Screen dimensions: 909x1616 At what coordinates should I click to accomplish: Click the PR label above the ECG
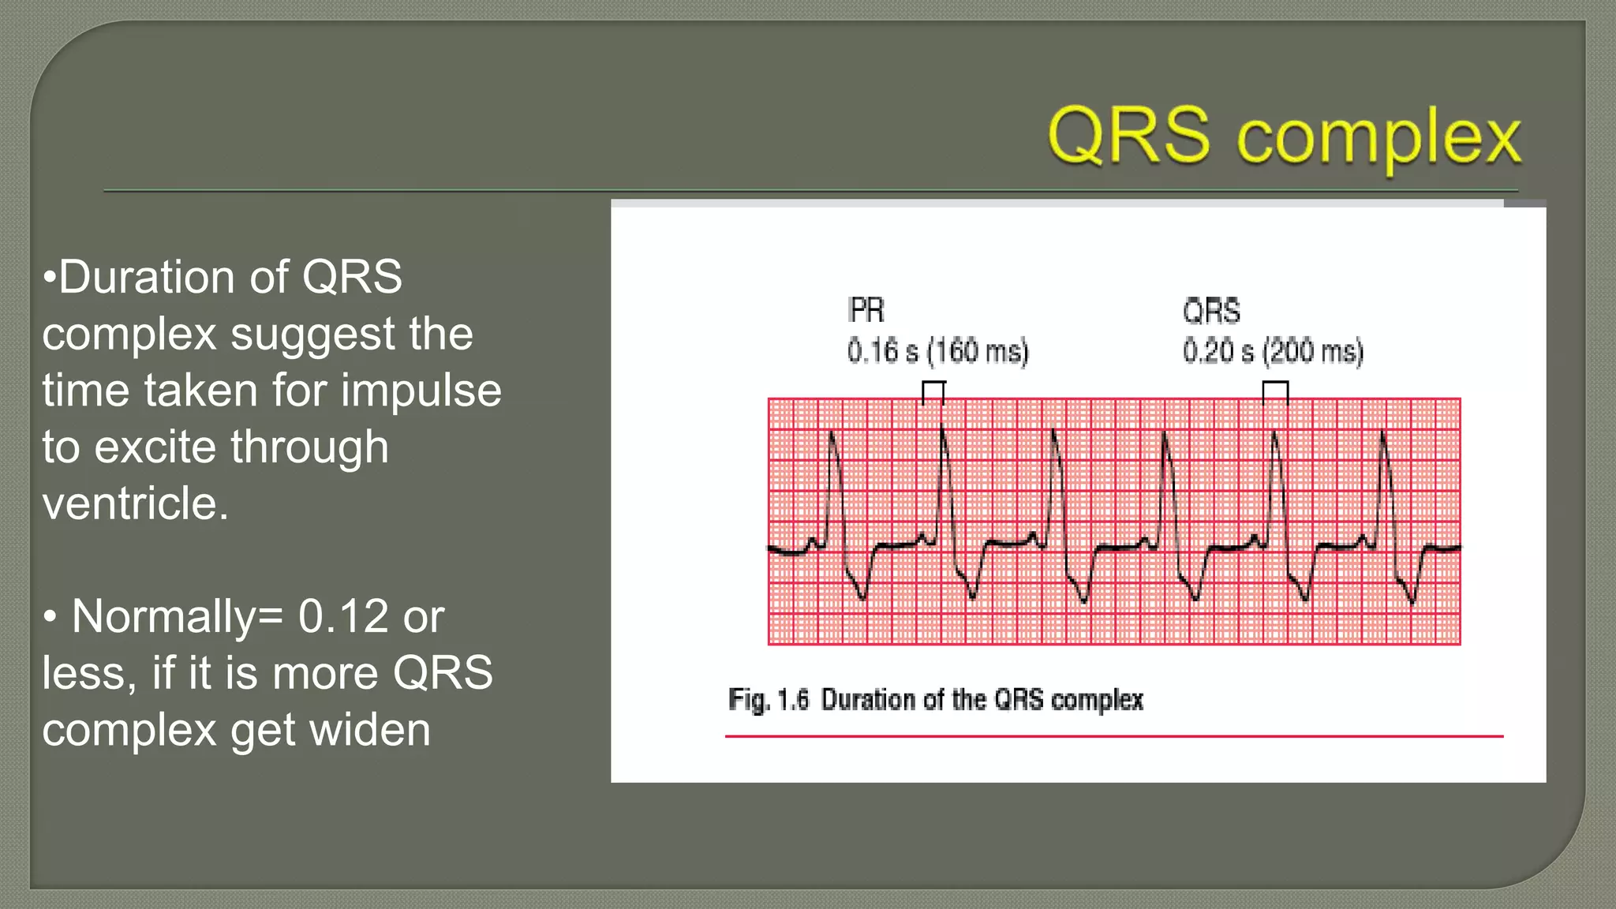866,310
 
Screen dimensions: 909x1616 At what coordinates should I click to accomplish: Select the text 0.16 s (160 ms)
937,351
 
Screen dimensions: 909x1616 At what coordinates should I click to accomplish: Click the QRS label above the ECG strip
1211,311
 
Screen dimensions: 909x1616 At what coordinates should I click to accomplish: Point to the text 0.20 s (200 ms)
1273,351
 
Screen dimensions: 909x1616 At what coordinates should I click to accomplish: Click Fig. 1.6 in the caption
769,700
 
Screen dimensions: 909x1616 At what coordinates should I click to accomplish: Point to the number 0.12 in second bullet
343,616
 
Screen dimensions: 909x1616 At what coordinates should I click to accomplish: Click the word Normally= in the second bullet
178,616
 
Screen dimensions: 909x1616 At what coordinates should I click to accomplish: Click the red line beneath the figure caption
1113,736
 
